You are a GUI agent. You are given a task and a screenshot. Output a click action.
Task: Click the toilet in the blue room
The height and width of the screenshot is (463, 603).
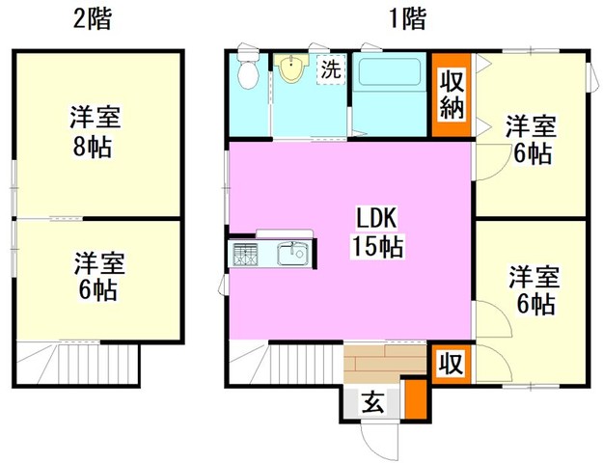coord(248,68)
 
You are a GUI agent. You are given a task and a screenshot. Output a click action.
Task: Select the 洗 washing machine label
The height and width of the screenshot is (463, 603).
coord(330,69)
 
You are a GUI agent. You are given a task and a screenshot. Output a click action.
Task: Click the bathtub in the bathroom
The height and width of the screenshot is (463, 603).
coord(389,72)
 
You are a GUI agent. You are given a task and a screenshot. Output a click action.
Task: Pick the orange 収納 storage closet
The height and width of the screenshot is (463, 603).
coord(452,95)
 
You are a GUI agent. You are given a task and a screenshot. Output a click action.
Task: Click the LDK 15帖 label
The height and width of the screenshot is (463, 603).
coord(378,233)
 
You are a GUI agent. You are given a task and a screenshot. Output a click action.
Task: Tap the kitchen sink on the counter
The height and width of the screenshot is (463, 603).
coord(292,254)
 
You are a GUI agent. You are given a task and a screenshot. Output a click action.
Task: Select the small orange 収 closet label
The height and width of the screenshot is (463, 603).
coord(452,363)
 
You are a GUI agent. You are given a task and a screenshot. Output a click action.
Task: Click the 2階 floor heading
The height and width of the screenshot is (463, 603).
coord(93,19)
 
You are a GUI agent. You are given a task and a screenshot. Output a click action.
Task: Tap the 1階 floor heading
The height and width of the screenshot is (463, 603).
coord(408,18)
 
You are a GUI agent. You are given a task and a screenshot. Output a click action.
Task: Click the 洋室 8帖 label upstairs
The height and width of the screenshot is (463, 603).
coord(95,131)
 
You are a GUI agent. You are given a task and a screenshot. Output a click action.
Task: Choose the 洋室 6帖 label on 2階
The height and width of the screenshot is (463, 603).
coord(98,276)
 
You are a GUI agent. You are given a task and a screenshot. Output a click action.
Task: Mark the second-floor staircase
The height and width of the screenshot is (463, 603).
coord(78,364)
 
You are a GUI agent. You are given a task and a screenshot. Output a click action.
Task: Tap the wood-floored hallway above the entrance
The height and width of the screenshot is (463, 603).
coord(385,364)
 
